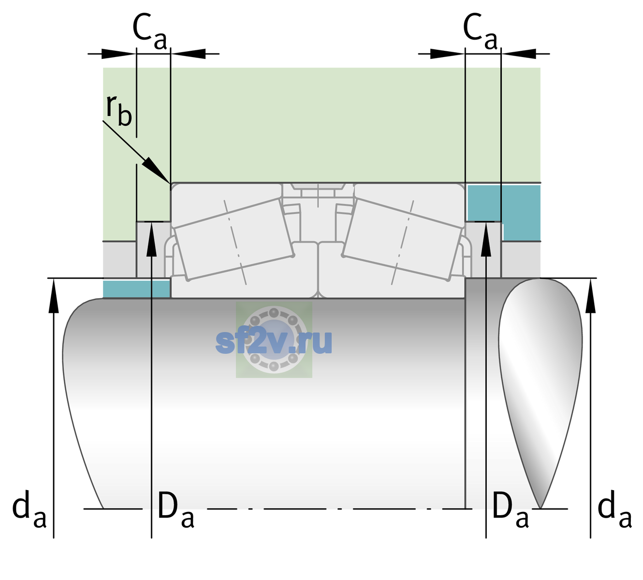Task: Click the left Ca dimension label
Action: (x=150, y=31)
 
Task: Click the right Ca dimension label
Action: (x=480, y=31)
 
